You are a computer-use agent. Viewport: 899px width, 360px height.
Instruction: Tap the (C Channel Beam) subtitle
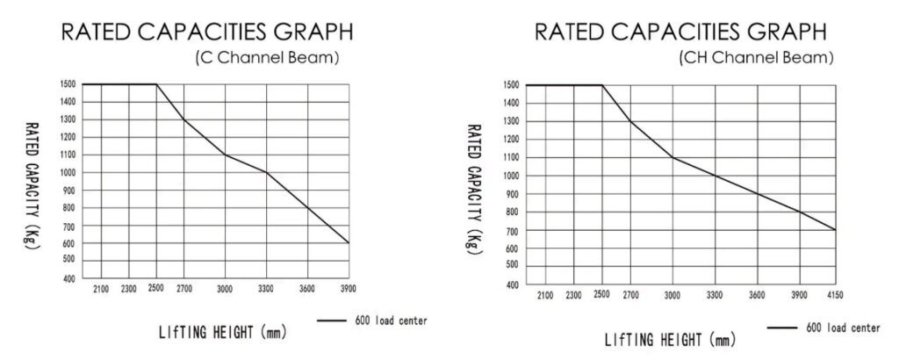point(269,60)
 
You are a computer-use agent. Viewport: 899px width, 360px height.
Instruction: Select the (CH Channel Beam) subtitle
point(755,60)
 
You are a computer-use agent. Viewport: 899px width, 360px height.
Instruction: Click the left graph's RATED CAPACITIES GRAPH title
point(206,32)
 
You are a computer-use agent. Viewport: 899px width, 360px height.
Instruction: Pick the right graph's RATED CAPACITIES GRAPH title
point(680,32)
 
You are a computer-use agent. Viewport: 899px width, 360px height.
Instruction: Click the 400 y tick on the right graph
point(513,284)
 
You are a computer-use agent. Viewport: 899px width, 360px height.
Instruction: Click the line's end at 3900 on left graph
point(349,242)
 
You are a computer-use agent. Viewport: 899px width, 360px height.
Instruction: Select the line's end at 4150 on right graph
point(835,230)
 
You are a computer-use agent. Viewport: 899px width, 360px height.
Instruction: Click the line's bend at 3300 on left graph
point(267,172)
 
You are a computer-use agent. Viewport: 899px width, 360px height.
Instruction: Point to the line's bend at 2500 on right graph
point(602,85)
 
